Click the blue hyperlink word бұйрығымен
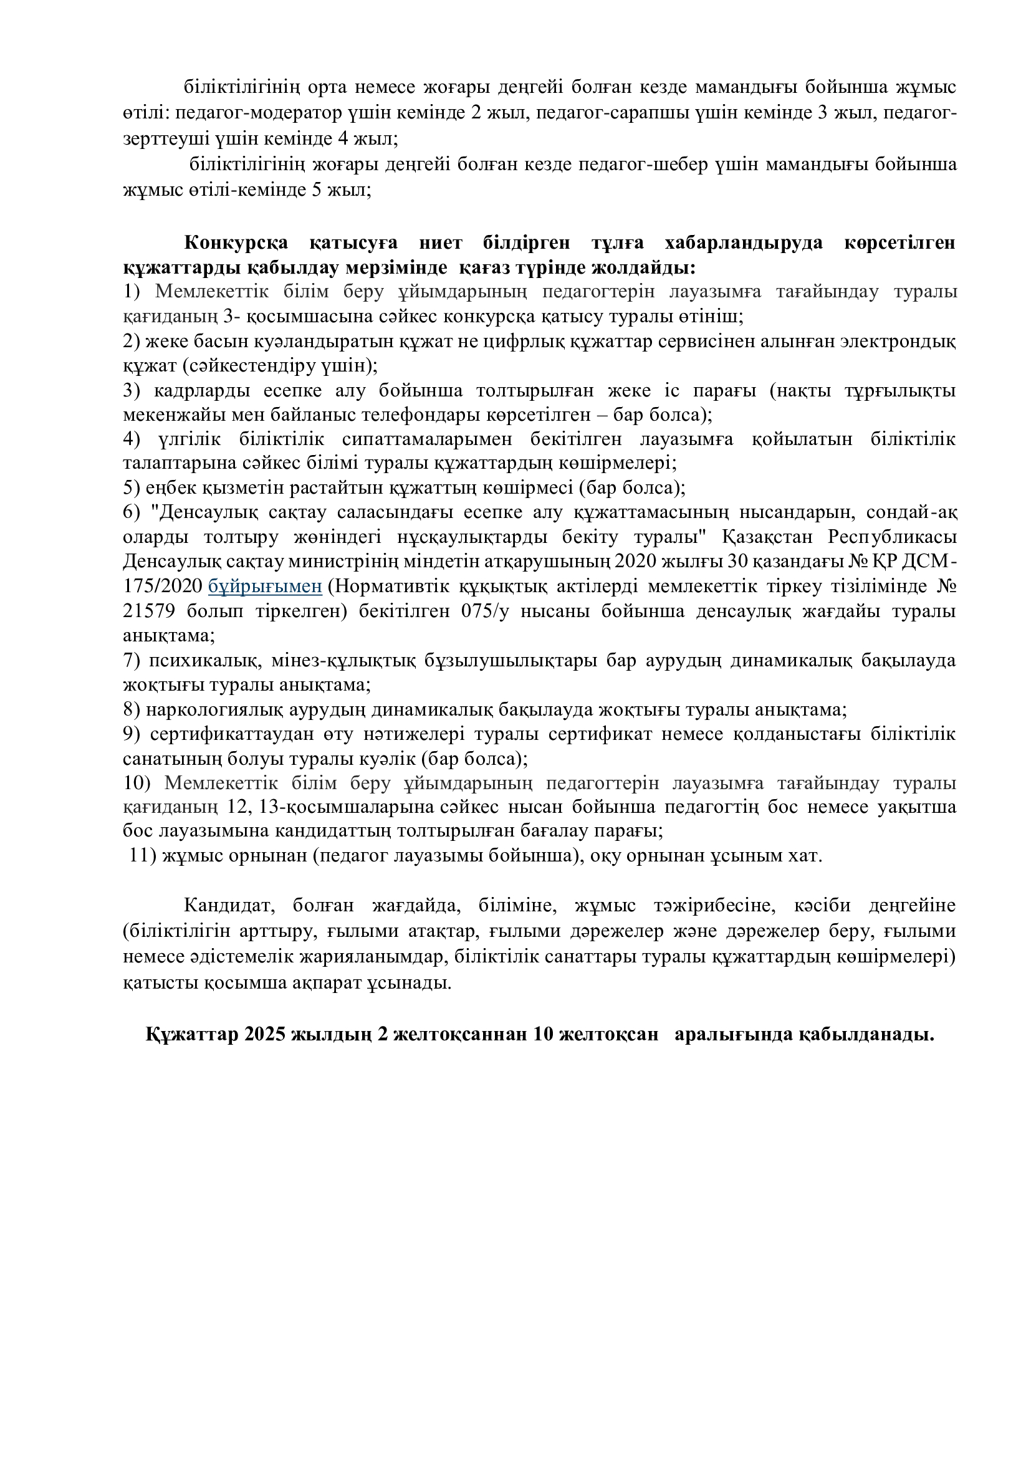[x=266, y=586]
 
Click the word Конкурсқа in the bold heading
[x=236, y=242]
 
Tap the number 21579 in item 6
[x=150, y=611]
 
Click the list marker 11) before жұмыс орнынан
[x=143, y=856]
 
